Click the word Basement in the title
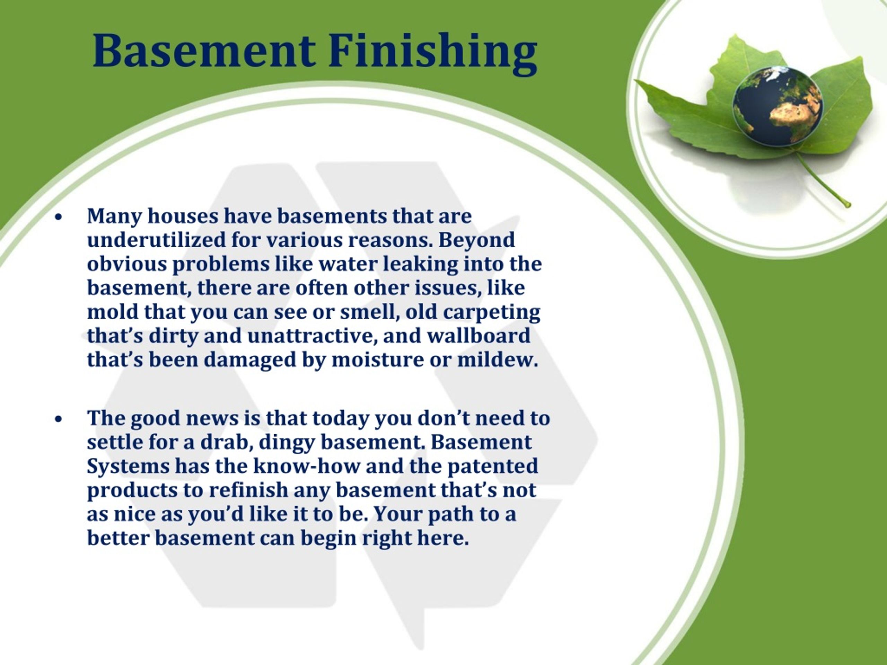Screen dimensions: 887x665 coord(204,51)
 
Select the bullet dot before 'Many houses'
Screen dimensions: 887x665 coord(59,217)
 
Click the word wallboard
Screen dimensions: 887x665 coord(478,336)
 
